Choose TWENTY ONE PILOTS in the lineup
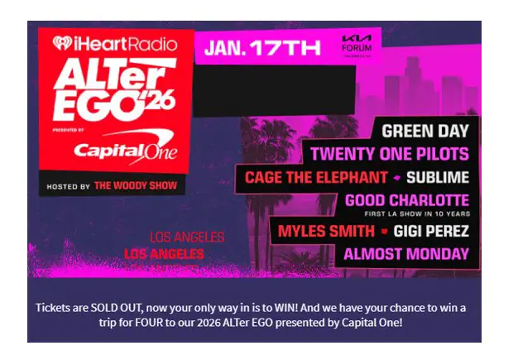[x=390, y=153]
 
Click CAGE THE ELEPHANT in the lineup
[x=316, y=177]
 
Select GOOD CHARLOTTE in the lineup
[x=407, y=200]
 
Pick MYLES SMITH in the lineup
[x=326, y=230]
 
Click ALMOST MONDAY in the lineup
[x=406, y=254]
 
